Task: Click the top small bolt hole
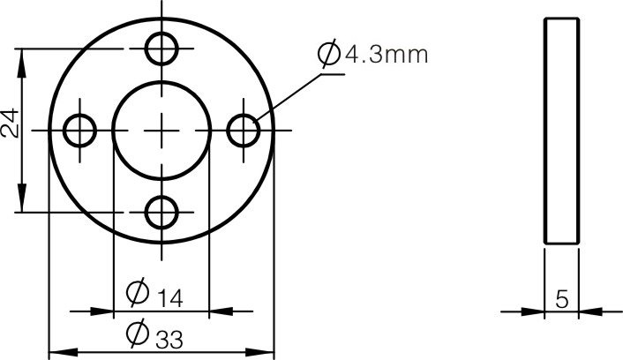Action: point(162,48)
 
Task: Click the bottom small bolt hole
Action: point(162,213)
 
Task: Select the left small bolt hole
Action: point(80,131)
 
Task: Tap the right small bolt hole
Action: point(244,131)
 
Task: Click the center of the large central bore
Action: point(162,131)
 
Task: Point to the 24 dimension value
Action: point(10,124)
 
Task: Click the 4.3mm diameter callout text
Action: point(386,56)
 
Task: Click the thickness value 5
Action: point(561,299)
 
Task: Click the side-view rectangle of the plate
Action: point(561,131)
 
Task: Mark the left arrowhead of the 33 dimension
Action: point(58,352)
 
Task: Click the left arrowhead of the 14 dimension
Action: point(104,311)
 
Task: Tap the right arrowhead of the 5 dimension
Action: point(589,311)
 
